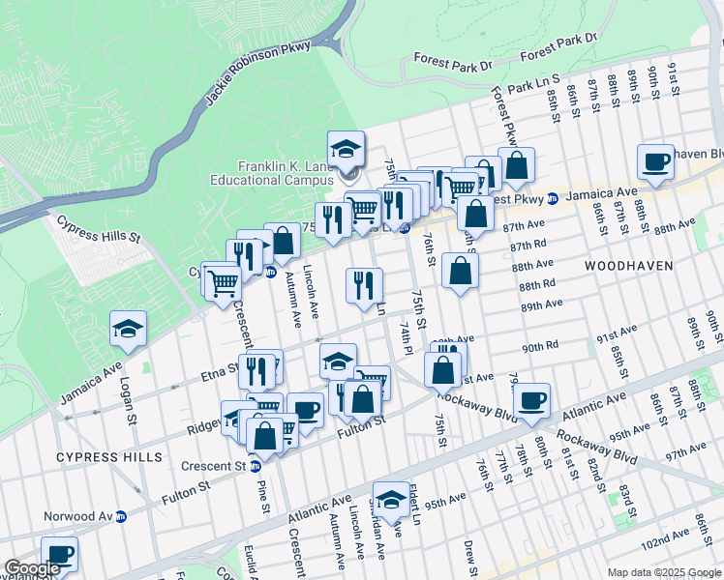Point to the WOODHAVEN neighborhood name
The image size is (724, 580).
(x=622, y=263)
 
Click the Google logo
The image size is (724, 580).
(x=33, y=568)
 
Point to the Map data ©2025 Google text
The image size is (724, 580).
(x=663, y=572)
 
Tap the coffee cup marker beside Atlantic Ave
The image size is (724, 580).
(x=531, y=401)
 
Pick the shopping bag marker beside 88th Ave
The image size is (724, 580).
(x=461, y=271)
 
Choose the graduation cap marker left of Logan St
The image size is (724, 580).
(x=128, y=330)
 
